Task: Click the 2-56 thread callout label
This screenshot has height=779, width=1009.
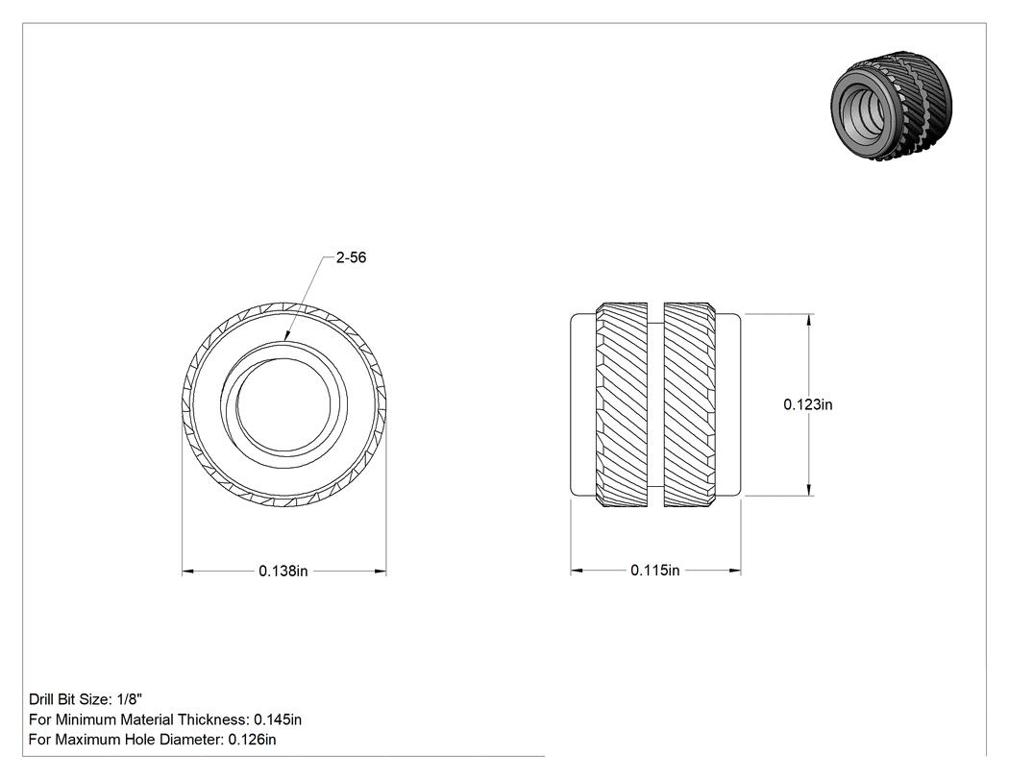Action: [x=351, y=257]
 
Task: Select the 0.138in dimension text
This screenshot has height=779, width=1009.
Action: [x=283, y=571]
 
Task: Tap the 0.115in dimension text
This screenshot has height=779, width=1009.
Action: [x=655, y=570]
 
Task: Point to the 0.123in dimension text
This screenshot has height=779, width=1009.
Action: [x=807, y=404]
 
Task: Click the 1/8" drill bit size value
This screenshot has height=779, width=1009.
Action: [x=130, y=699]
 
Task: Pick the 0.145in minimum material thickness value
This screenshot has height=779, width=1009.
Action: [x=278, y=719]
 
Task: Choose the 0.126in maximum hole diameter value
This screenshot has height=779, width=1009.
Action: [x=252, y=739]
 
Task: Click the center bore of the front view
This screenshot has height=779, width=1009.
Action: [x=283, y=404]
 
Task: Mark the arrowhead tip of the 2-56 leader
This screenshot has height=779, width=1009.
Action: [x=285, y=340]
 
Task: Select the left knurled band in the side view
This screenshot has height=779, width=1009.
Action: [x=622, y=404]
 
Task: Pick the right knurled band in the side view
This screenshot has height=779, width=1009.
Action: [x=689, y=404]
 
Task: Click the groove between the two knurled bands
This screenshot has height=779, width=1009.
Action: [x=655, y=404]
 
